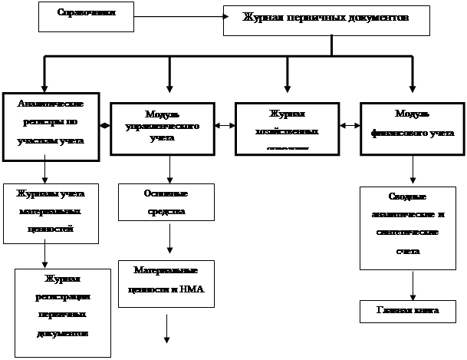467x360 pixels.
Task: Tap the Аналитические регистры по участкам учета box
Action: pos(51,127)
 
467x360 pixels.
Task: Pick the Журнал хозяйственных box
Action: pos(288,127)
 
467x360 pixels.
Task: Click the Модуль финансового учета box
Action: pos(413,126)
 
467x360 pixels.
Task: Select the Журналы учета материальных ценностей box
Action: pos(48,210)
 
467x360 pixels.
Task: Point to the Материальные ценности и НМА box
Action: pos(165,281)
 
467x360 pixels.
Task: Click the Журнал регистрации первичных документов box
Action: pos(63,312)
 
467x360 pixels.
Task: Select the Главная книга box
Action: pos(407,311)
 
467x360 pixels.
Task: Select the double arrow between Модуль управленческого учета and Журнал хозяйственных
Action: pos(225,124)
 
